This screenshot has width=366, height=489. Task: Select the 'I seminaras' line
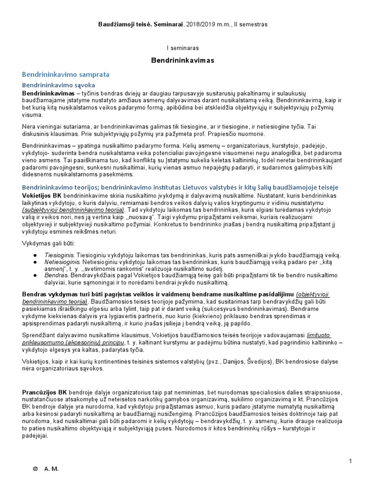(183, 48)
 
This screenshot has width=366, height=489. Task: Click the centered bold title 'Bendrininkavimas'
(183, 61)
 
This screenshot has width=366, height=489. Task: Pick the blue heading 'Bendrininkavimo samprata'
(66, 74)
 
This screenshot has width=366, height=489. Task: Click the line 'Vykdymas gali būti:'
(47, 244)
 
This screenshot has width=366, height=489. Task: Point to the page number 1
(350, 461)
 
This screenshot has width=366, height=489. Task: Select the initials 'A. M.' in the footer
(51, 469)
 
